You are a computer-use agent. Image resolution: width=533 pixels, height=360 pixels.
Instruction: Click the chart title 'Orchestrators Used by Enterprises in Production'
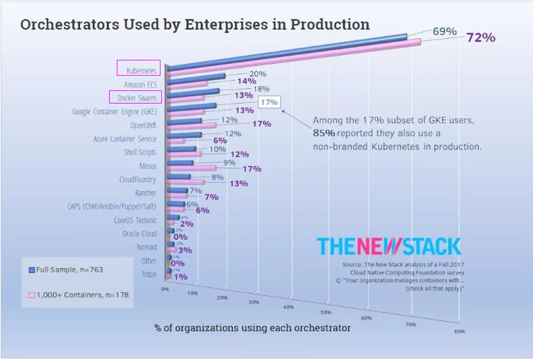195,24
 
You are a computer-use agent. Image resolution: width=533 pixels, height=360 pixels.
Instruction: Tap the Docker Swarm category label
137,98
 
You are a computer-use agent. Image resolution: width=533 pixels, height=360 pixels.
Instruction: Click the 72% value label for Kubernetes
480,38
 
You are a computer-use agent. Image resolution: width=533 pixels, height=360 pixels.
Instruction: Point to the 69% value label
444,31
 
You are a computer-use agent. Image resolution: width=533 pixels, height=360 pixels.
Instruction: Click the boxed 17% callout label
269,102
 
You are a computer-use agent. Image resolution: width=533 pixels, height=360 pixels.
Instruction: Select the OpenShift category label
143,125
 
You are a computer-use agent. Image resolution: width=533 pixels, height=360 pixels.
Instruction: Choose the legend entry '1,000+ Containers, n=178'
77,295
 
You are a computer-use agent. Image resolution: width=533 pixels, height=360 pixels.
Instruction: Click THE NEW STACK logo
388,246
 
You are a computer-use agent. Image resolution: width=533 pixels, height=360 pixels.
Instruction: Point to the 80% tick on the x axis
459,332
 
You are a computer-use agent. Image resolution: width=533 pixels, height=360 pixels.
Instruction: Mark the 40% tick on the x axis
286,306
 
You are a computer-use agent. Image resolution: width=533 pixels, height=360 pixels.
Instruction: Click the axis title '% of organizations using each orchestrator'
252,327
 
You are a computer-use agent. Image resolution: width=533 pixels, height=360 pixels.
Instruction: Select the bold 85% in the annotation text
324,133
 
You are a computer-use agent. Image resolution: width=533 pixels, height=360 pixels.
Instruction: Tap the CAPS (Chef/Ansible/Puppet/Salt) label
110,206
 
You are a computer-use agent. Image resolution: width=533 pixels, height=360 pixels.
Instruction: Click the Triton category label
148,275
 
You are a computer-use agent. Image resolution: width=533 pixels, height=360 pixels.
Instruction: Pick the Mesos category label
147,166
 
